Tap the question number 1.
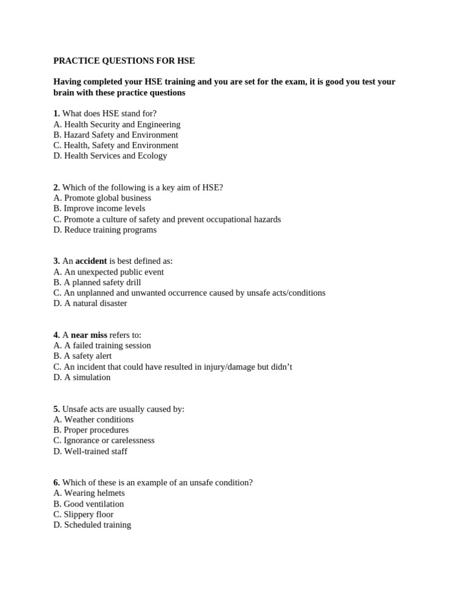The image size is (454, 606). point(56,113)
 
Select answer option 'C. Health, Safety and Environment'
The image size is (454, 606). point(115,145)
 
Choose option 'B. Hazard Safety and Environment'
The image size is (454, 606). point(115,134)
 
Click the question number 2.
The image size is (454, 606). point(56,187)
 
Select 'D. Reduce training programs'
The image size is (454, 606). point(105,230)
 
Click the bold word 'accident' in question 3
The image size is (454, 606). point(91,261)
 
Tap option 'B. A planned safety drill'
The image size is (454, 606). point(97,282)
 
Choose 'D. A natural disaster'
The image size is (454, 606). point(90,303)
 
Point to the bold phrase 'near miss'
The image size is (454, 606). point(89,335)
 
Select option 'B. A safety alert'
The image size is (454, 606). point(82,356)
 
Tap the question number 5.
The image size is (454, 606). point(56,409)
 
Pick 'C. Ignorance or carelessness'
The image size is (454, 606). point(103,440)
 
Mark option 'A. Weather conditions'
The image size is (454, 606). point(93,420)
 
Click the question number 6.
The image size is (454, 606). point(56,482)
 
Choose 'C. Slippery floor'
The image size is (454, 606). point(83,514)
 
